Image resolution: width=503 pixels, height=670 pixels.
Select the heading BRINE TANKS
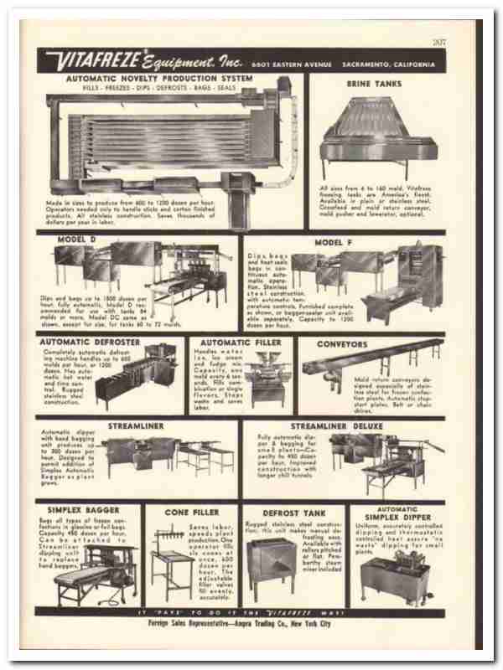374,84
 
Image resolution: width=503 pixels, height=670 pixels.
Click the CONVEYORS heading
341,343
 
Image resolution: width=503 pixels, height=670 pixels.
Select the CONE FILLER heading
191,509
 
